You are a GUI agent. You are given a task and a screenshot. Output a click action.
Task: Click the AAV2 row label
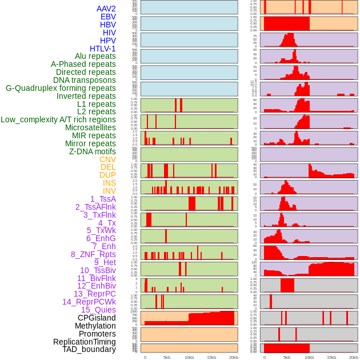pos(106,9)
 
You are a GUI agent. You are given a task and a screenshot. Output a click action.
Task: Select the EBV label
pos(108,17)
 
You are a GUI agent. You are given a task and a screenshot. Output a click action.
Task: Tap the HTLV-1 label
pos(103,49)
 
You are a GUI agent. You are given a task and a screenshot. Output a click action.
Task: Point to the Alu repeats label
pos(95,56)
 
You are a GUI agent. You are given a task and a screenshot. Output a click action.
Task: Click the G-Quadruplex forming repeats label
pos(61,88)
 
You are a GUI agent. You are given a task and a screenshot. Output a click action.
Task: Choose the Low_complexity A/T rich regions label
pos(58,119)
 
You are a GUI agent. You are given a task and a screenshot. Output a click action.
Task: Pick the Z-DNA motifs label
pos(93,151)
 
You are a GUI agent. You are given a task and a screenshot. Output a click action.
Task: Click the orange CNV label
pos(107,159)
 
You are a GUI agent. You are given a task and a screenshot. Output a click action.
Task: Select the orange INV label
pos(109,191)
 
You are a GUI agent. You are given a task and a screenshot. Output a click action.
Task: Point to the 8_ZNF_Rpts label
pos(93,254)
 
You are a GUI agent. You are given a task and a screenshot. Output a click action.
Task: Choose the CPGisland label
pos(97,318)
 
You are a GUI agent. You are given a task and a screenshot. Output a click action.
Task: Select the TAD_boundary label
pos(89,349)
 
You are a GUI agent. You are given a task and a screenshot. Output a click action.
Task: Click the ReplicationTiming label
pos(85,342)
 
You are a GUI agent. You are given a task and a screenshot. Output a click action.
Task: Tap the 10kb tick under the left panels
pos(189,357)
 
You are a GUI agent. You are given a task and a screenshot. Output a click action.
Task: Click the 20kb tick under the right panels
pos(353,357)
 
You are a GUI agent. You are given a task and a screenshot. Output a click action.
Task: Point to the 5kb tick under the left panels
pos(167,357)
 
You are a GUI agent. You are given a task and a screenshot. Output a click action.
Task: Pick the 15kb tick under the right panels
pos(331,357)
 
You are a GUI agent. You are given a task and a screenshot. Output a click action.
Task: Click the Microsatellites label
pos(90,127)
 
